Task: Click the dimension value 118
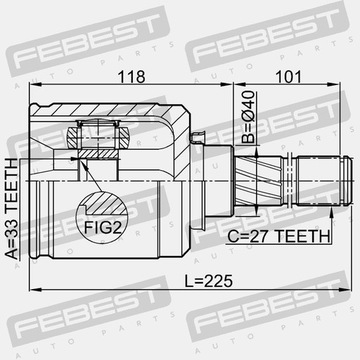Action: click(x=132, y=77)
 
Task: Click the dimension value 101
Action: click(x=288, y=77)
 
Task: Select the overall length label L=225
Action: click(x=209, y=281)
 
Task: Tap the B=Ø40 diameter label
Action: click(x=248, y=117)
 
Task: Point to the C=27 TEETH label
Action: click(x=279, y=237)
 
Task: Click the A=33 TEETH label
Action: click(x=12, y=209)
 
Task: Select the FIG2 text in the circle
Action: click(x=102, y=228)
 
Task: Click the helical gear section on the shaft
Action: click(x=258, y=181)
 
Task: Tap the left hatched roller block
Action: click(x=73, y=138)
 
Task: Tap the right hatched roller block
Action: click(x=123, y=138)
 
